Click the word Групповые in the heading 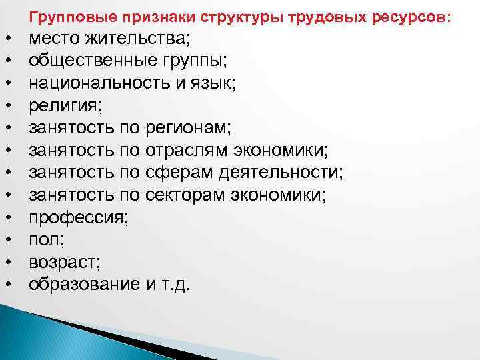pyautogui.click(x=65, y=15)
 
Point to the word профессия pyautogui.click(x=74, y=217)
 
